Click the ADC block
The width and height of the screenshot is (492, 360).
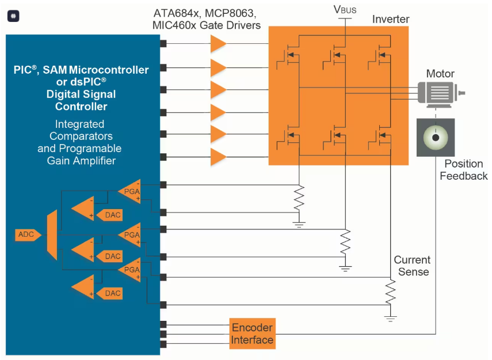coord(28,234)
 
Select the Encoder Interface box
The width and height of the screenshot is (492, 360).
coord(252,334)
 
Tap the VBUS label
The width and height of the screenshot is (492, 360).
coord(345,10)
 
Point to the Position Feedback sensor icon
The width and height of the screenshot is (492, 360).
coord(436,137)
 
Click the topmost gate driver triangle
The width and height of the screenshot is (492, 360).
coord(219,44)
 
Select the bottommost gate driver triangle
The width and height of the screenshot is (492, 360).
coord(219,157)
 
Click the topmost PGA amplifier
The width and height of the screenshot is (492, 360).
coord(129,191)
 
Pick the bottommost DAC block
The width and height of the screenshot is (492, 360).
coord(109,293)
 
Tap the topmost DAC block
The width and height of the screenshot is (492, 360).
coord(109,215)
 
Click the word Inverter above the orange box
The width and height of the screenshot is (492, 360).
coord(391,19)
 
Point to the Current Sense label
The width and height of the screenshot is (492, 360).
coord(412,266)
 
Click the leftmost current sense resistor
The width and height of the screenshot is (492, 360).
coord(299,198)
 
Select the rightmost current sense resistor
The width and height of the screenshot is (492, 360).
coord(390,292)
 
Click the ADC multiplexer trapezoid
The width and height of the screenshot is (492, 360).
coord(52,235)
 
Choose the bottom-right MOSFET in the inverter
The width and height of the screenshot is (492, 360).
coord(380,137)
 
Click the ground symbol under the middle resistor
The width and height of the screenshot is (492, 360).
coord(345,268)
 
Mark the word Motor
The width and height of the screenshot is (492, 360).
coord(440,74)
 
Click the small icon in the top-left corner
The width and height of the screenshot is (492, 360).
coord(13,16)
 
